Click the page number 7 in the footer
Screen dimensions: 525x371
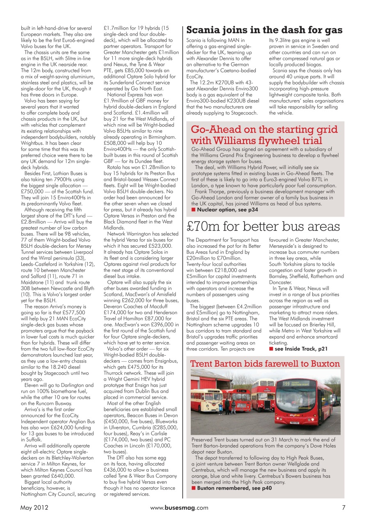[x=344, y=507]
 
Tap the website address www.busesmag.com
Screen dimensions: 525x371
[x=179, y=507]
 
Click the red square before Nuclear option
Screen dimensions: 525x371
[x=194, y=210]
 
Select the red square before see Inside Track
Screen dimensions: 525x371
[x=271, y=349]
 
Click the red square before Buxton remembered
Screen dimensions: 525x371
[x=194, y=488]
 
